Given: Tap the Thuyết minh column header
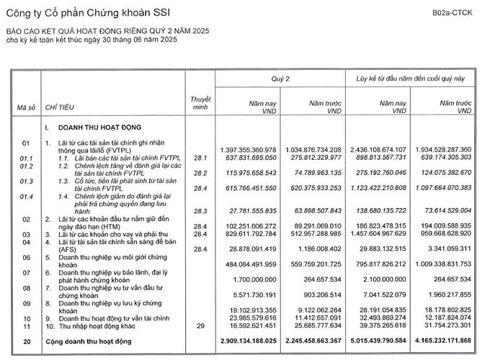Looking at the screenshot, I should point(200,102).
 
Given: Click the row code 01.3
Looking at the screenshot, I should point(26,183).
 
